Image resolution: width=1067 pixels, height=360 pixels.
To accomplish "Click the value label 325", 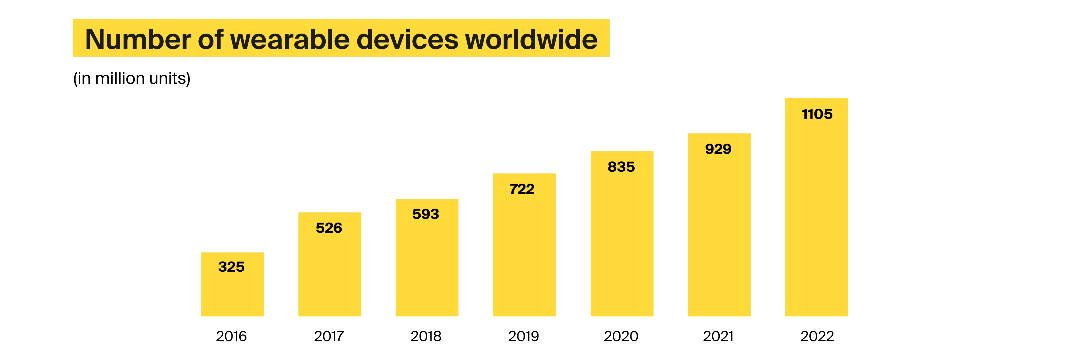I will pos(231,266).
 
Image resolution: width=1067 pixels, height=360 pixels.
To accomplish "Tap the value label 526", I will pos(329,228).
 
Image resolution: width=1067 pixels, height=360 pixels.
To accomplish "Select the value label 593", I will pos(425,214).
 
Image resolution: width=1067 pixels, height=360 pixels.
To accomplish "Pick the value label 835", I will pos(621,167).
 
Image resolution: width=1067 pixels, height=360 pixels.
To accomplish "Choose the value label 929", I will pos(718,149).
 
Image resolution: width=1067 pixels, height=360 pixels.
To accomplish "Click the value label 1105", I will pos(817,114).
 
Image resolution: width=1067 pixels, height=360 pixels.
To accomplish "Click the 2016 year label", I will pos(231,336).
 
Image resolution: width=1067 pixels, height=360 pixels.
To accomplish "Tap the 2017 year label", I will pos(329,336).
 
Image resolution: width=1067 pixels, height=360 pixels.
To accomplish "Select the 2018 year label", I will pos(426,336).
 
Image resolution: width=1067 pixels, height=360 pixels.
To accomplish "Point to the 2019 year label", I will pos(523,336).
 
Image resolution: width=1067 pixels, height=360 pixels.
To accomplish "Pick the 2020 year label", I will pos(621,336).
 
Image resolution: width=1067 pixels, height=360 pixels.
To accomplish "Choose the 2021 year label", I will pos(718,336).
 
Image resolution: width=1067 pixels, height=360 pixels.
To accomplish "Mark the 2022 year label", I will pos(817,336).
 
